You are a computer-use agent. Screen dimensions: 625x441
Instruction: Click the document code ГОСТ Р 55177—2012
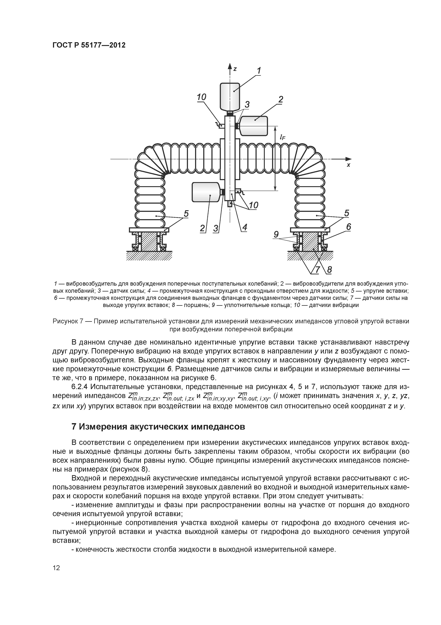(89, 45)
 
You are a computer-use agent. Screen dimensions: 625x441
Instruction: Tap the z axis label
(235, 69)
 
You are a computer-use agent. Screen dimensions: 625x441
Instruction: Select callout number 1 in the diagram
(259, 71)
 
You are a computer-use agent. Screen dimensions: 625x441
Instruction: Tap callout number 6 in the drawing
(348, 227)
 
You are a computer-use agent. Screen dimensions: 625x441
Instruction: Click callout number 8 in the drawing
(329, 270)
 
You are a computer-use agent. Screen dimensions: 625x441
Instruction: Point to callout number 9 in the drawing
(276, 234)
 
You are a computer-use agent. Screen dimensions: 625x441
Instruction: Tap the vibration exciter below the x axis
(206, 192)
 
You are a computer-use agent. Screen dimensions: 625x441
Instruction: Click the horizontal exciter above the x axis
(254, 126)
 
